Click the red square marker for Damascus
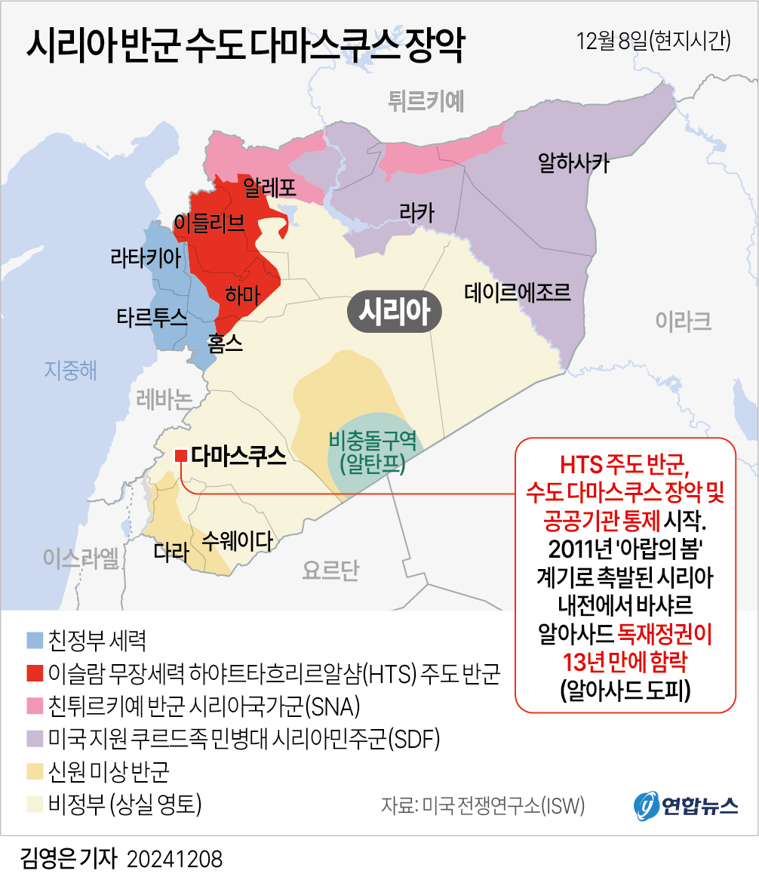(x=181, y=455)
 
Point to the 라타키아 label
(x=146, y=259)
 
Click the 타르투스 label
(x=152, y=317)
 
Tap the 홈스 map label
(x=225, y=343)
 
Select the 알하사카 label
(x=573, y=162)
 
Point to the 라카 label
(x=417, y=214)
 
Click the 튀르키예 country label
(x=426, y=100)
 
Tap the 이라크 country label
(x=683, y=322)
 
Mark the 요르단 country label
(x=330, y=571)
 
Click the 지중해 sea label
(x=71, y=370)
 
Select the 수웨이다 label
(x=237, y=540)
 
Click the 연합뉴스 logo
(x=685, y=805)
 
